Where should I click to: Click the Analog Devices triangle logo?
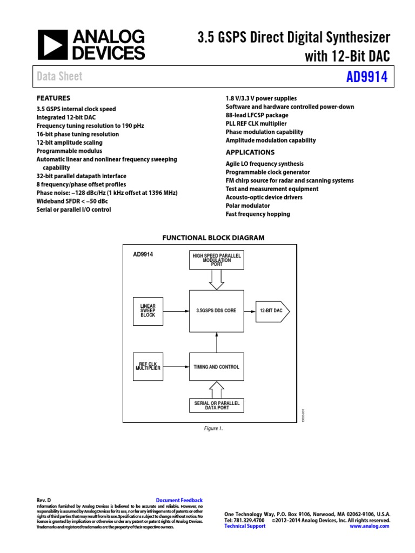52,44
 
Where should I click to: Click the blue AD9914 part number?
367,77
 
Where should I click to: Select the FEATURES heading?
53,98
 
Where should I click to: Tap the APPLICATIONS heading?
250,152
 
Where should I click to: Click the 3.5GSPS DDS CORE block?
216,311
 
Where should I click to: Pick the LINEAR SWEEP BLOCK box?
148,311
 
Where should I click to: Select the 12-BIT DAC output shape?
272,311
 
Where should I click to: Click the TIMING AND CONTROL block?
216,367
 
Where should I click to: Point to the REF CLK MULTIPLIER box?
148,367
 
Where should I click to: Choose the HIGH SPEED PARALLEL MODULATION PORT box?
216,260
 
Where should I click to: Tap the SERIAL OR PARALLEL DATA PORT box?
216,405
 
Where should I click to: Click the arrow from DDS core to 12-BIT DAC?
250,311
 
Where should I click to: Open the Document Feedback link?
179,501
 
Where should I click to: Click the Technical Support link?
245,526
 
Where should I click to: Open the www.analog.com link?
369,526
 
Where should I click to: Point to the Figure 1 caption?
213,428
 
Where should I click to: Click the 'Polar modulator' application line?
247,206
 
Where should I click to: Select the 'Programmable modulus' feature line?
69,151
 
